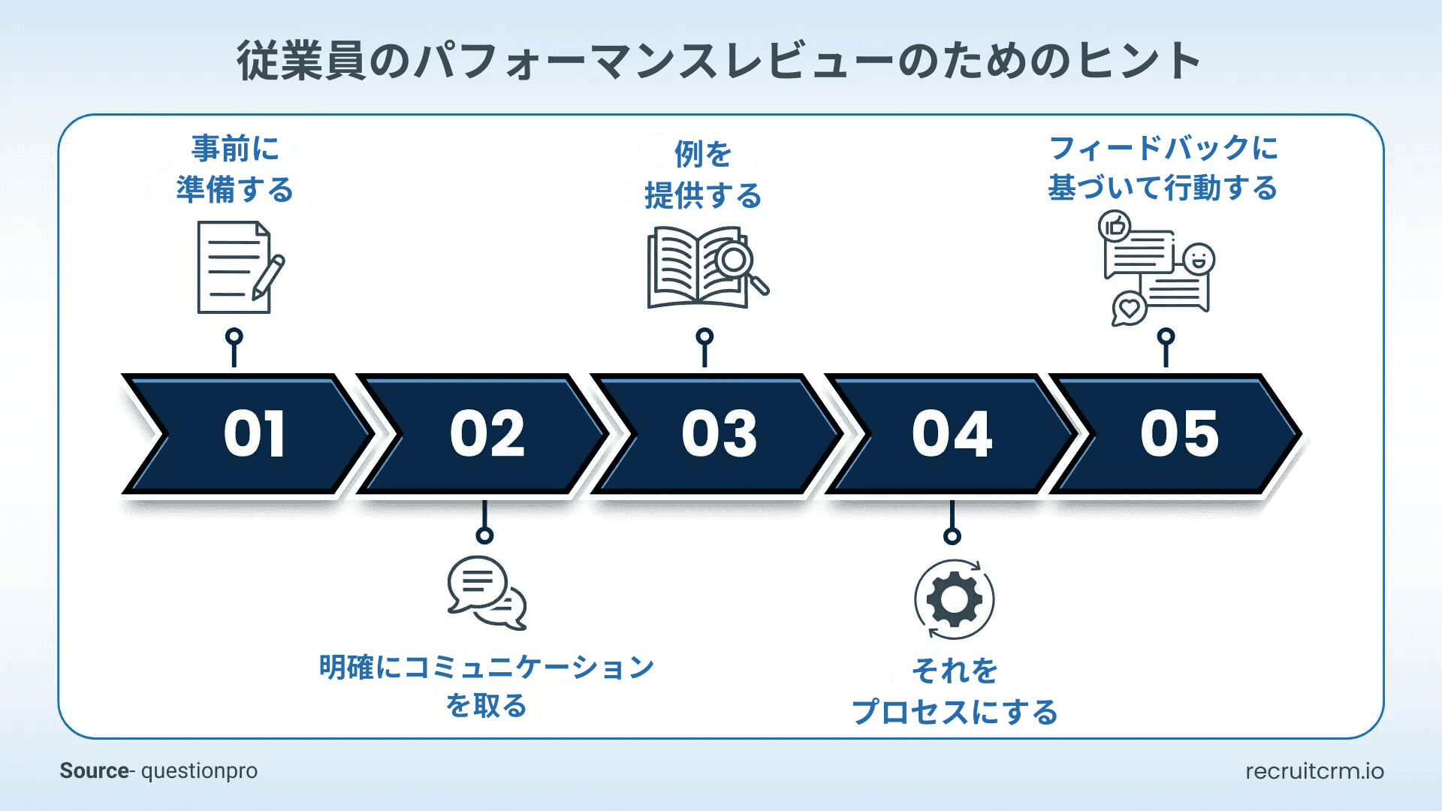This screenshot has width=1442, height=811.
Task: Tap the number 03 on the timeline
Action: click(x=719, y=434)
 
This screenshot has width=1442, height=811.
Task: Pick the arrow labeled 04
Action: click(x=952, y=434)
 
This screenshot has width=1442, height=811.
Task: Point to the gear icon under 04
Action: click(x=954, y=599)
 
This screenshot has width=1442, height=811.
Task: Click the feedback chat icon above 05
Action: click(x=1157, y=270)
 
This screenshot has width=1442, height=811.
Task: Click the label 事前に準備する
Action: click(x=234, y=169)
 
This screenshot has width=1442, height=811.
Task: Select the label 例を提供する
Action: click(x=703, y=174)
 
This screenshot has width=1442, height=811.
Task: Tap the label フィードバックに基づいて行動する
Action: click(x=1163, y=167)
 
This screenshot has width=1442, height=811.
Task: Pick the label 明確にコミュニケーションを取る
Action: click(x=487, y=686)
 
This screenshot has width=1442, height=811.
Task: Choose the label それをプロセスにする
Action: click(x=954, y=691)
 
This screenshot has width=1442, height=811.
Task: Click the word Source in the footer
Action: click(x=94, y=771)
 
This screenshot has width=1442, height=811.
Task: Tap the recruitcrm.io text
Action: click(x=1314, y=771)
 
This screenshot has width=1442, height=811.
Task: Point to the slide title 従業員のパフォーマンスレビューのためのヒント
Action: click(x=719, y=60)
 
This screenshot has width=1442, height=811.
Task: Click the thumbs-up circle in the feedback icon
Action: click(x=1115, y=225)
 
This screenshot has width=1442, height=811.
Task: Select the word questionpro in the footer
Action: click(x=199, y=771)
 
